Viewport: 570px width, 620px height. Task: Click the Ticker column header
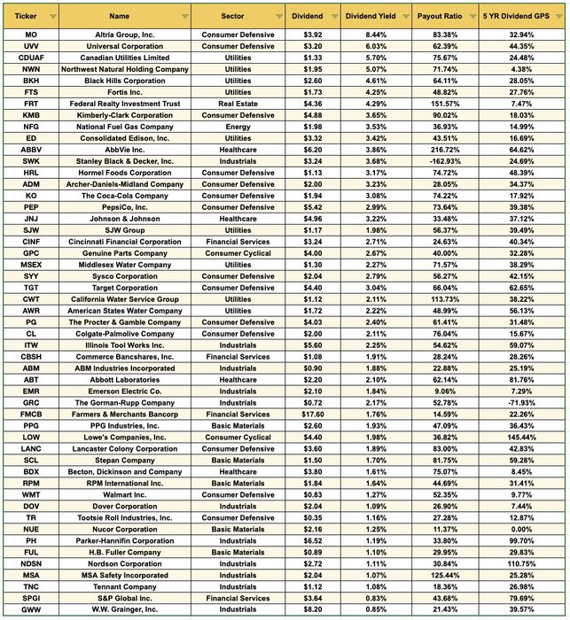(x=27, y=16)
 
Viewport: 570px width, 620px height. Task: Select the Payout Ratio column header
(x=441, y=16)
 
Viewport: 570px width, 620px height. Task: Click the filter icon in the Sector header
(x=275, y=17)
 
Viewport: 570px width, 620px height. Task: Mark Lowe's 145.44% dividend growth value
(x=523, y=437)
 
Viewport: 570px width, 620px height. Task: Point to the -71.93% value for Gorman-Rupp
(x=523, y=402)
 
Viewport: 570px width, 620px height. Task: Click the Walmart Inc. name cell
(x=125, y=494)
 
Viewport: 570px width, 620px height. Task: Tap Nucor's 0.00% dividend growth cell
(x=523, y=529)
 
